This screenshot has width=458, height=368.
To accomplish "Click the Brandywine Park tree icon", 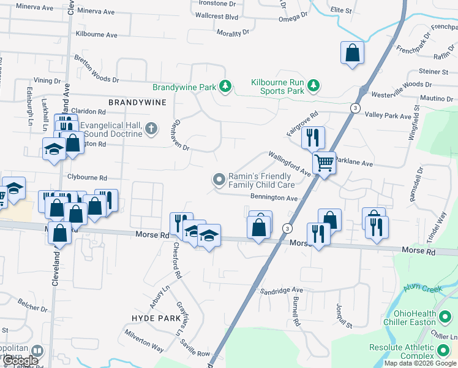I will (226, 86).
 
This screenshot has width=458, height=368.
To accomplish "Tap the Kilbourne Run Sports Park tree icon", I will (313, 85).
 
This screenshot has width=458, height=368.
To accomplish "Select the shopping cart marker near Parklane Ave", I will (323, 163).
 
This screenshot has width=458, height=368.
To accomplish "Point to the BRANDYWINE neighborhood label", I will (137, 102).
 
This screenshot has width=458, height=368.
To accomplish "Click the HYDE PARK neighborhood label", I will (156, 318).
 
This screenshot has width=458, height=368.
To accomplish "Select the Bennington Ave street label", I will (274, 198).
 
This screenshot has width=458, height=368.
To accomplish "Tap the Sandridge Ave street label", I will (281, 289).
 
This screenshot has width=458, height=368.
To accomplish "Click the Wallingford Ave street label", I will (289, 165).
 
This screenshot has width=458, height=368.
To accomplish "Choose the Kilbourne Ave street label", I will (96, 35).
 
